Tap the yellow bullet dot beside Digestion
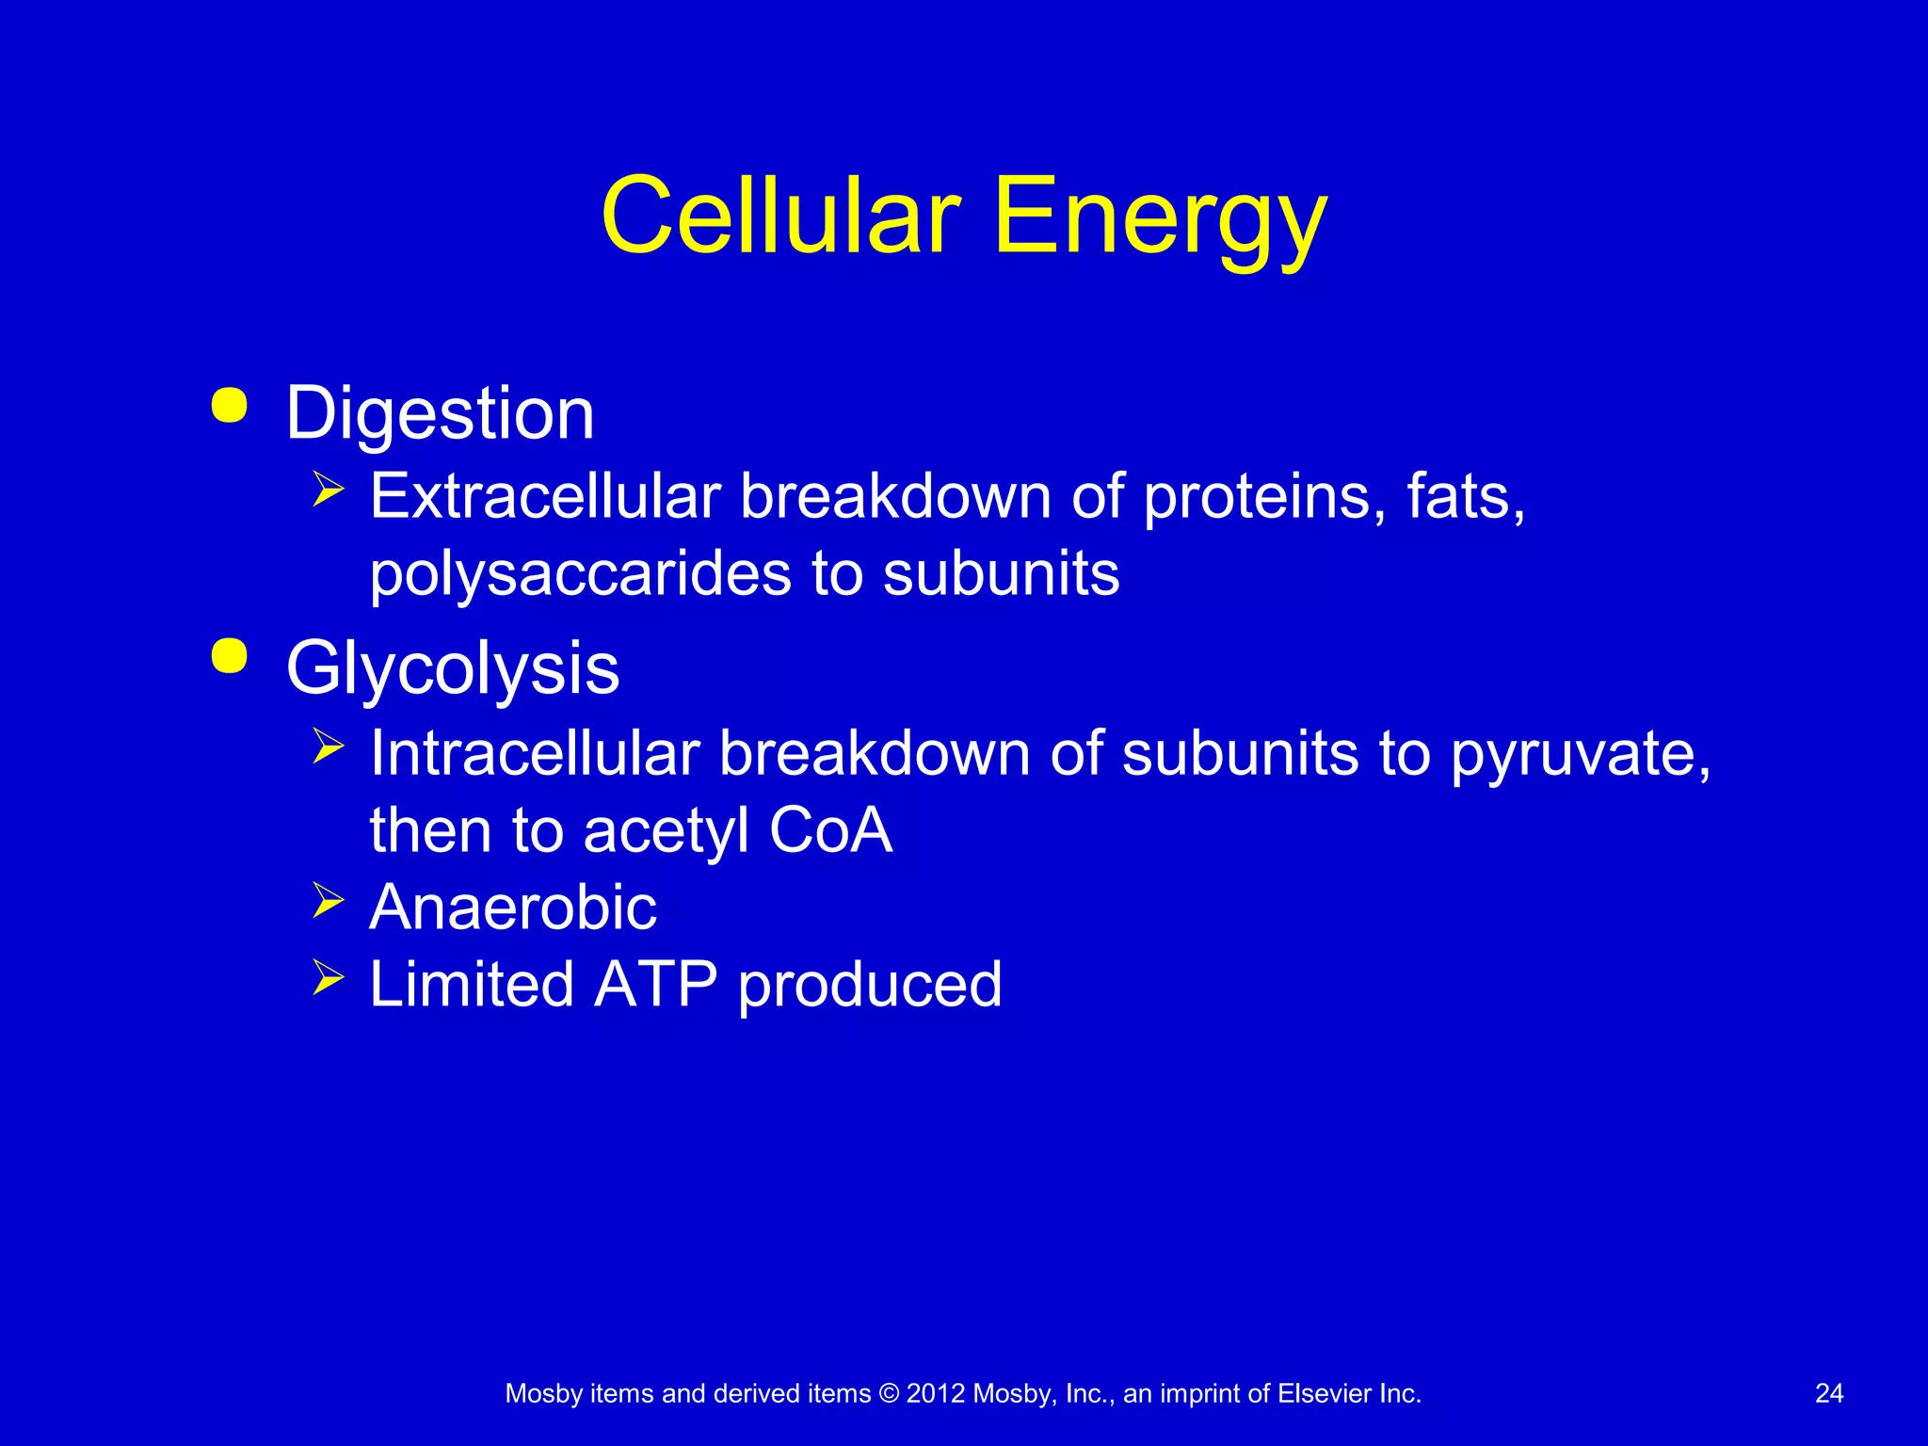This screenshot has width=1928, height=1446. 230,405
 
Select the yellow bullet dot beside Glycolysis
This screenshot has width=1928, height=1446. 230,656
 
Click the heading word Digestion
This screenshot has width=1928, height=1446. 440,414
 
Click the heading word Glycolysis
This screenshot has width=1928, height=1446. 452,668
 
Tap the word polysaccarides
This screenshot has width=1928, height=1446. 580,574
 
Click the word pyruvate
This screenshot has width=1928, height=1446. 1580,755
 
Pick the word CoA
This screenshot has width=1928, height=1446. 830,830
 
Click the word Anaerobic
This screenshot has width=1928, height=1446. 513,908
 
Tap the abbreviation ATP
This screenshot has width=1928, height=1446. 656,985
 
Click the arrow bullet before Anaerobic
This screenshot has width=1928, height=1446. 329,901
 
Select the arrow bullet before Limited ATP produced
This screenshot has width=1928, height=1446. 329,977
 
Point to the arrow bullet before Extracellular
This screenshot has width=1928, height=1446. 329,490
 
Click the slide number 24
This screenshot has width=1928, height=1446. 1828,1394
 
